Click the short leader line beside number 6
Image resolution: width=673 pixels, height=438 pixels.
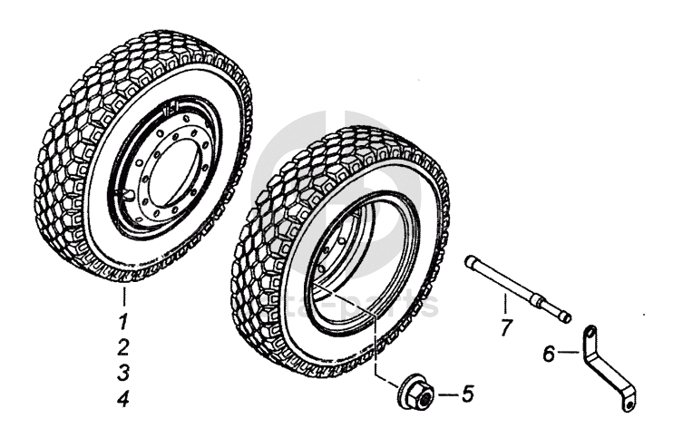[x=568, y=353]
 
